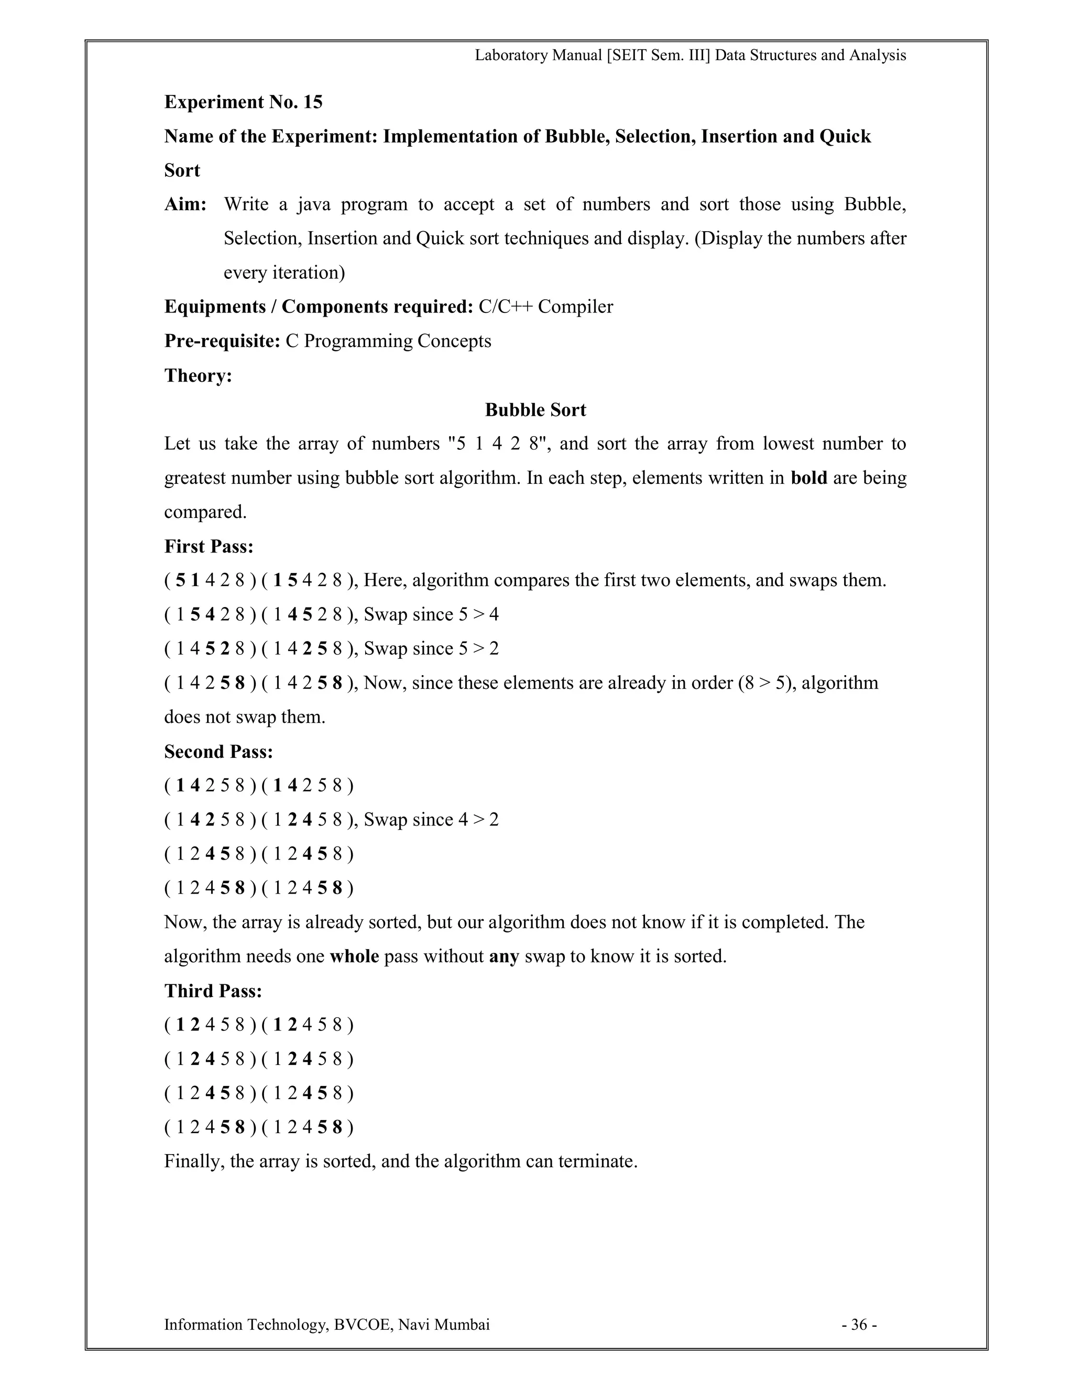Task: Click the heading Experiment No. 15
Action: [x=243, y=102]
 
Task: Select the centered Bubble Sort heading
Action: [x=535, y=410]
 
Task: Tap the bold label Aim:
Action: [x=185, y=205]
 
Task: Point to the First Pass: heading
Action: [x=209, y=546]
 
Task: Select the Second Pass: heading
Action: [x=218, y=752]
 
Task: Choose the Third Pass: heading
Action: [x=213, y=991]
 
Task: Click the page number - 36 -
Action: [x=859, y=1325]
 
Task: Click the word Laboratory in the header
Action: [x=511, y=56]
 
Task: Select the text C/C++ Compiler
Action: [x=545, y=307]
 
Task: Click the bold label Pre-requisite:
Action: [x=222, y=342]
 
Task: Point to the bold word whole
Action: [x=354, y=957]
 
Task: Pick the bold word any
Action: [x=503, y=957]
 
